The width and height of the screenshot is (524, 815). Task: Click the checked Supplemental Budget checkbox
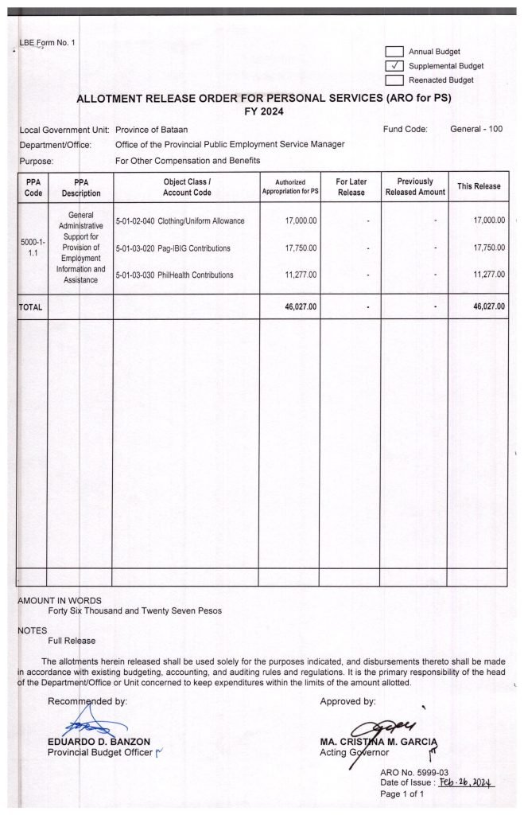click(395, 66)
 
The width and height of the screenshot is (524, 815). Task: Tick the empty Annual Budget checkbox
click(395, 52)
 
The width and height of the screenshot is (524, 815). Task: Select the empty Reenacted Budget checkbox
click(395, 80)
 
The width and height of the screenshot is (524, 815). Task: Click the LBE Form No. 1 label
click(47, 42)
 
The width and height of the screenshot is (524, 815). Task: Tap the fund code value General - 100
click(476, 129)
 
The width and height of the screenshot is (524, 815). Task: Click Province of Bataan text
click(152, 130)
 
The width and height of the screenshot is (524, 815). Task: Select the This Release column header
click(478, 186)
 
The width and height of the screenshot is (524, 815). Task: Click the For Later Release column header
click(351, 187)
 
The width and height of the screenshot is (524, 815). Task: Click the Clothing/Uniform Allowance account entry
click(180, 220)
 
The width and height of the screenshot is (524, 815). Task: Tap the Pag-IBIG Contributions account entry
click(173, 248)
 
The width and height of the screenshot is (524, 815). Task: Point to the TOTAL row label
click(30, 306)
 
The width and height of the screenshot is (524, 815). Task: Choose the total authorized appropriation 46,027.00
click(301, 306)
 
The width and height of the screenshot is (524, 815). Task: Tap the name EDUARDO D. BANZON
click(99, 743)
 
